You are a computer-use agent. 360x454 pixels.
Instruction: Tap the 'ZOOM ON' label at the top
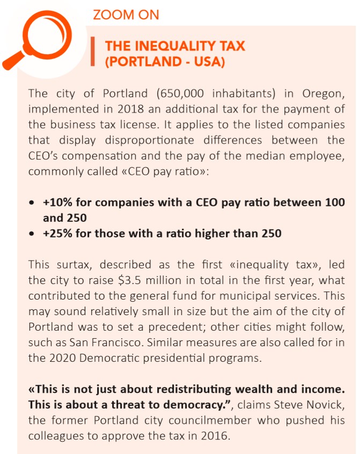pyautogui.click(x=126, y=14)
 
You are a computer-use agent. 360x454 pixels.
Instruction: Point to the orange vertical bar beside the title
pyautogui.click(x=93, y=54)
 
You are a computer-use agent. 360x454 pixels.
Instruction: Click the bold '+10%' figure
pyautogui.click(x=56, y=203)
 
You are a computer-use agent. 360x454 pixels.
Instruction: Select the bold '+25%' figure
pyautogui.click(x=56, y=234)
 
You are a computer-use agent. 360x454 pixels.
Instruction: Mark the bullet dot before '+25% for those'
pyautogui.click(x=33, y=234)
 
